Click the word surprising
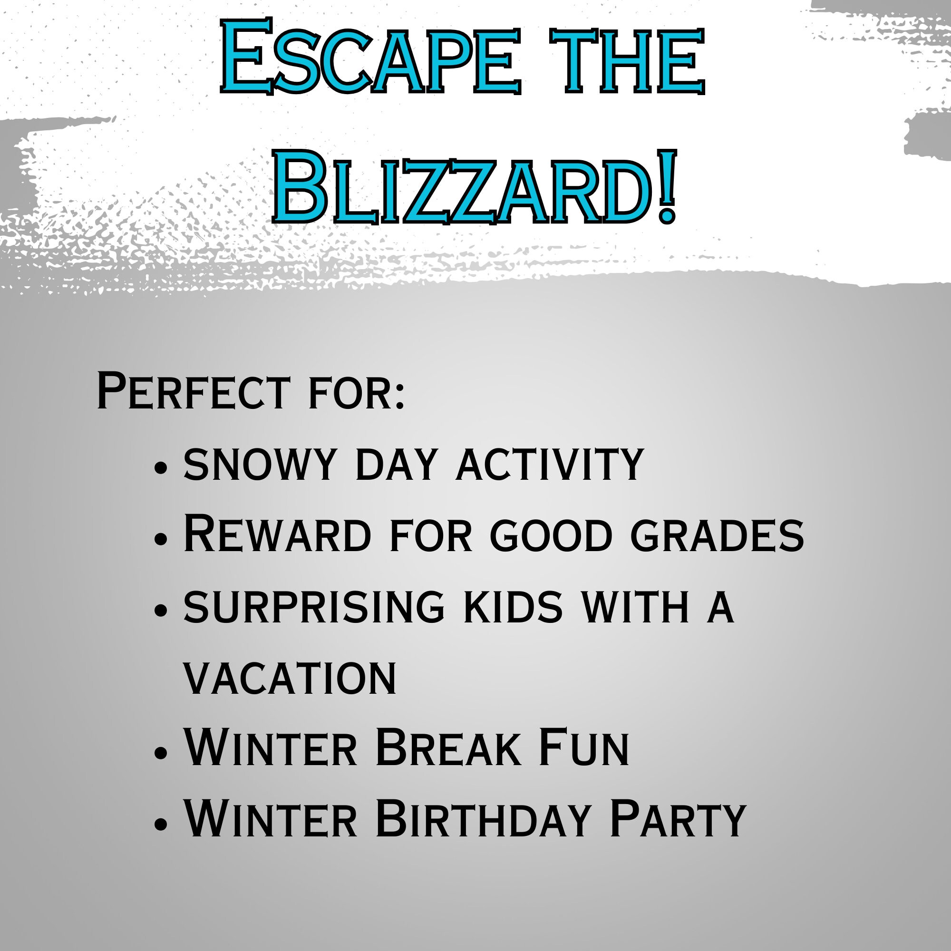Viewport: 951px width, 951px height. (314, 607)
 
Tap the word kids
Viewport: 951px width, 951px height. (513, 607)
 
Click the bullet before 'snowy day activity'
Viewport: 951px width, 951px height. (161, 467)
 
